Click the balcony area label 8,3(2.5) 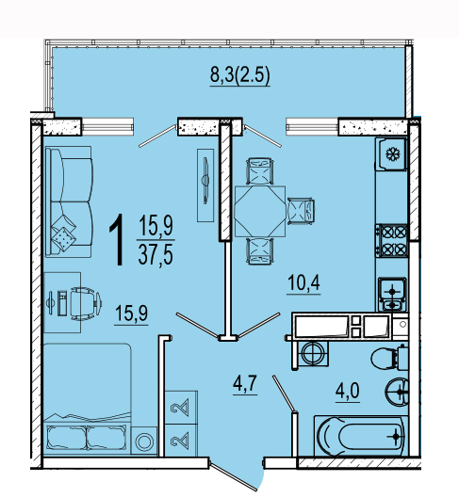240,75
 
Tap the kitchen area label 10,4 303,282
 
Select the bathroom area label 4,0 348,391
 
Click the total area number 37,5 156,255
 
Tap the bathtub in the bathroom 361,435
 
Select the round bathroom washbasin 398,392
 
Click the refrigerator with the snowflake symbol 391,153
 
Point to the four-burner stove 392,240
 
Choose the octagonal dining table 260,211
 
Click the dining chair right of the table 301,211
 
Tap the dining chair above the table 260,171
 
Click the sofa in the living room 69,201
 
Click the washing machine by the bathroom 311,355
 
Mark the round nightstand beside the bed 144,441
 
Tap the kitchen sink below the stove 392,294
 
